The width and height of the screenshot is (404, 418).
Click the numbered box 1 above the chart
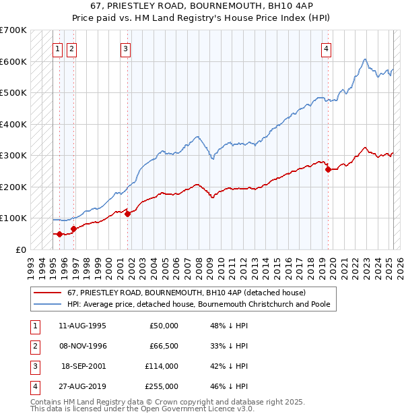coord(58,48)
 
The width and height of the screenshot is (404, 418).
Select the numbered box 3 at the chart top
coord(126,48)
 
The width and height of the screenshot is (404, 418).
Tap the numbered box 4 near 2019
coord(326,48)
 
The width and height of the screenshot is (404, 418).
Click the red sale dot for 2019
coord(328,170)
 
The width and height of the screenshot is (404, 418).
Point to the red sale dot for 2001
coord(127,214)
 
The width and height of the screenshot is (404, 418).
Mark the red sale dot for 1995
coord(59,234)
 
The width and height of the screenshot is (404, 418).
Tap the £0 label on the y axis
coord(20,249)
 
